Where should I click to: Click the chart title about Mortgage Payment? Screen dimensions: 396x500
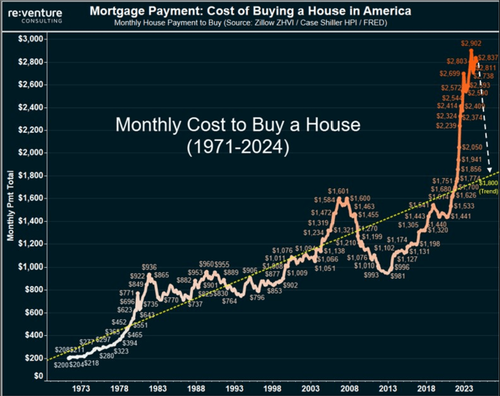[x=250, y=10]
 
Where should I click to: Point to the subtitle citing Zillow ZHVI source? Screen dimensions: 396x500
[x=250, y=23]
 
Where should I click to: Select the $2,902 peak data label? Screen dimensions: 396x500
[x=471, y=44]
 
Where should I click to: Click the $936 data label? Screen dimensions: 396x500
[x=150, y=267]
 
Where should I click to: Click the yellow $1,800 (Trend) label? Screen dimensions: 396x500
[x=488, y=186]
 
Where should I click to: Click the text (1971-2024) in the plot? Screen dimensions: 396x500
[x=237, y=147]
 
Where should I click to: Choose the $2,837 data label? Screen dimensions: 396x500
[x=488, y=58]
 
